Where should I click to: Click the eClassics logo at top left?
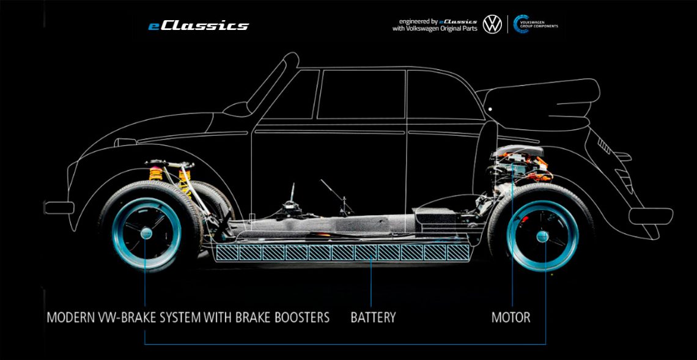tap(198, 26)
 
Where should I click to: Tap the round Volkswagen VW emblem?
tap(492, 24)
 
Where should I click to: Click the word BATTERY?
tap(373, 318)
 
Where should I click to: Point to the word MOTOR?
tap(511, 318)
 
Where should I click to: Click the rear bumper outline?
tap(651, 215)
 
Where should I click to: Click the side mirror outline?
tap(237, 109)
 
